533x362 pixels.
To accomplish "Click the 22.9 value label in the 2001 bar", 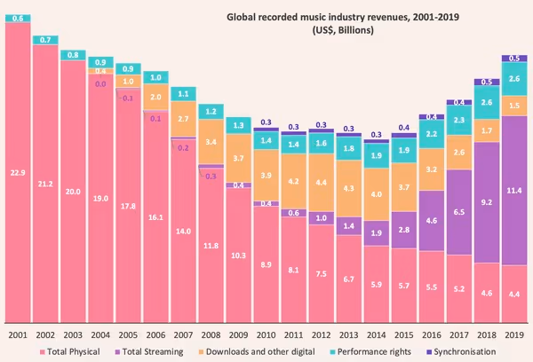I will tap(19, 172).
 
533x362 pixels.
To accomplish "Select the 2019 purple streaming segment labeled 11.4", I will tap(513, 190).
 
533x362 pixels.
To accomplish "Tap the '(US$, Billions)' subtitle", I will tap(342, 31).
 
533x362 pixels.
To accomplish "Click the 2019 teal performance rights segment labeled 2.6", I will tap(513, 79).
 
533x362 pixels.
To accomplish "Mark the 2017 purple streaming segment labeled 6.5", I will tap(459, 213).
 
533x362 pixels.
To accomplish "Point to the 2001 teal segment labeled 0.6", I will tap(19, 17).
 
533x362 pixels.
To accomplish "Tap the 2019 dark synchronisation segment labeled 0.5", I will tap(513, 59).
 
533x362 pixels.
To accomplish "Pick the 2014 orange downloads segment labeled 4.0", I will tap(377, 194).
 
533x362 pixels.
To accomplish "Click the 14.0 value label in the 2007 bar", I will tap(184, 231).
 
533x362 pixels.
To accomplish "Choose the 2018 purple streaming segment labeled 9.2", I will tap(487, 202).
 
